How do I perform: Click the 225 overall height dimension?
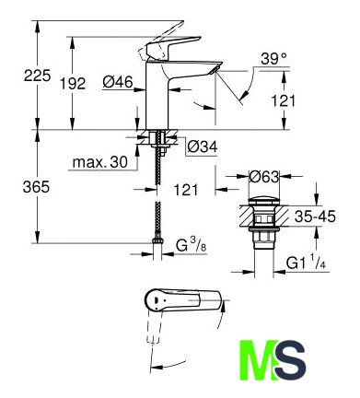pyautogui.click(x=37, y=76)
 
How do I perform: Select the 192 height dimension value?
pyautogui.click(x=73, y=84)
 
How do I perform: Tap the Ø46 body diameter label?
pyautogui.click(x=118, y=82)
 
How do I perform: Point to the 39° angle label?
pyautogui.click(x=274, y=59)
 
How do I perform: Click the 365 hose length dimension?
pyautogui.click(x=36, y=187)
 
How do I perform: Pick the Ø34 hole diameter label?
pyautogui.click(x=203, y=147)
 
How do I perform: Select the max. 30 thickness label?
pyautogui.click(x=100, y=162)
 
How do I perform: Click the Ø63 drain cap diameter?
pyautogui.click(x=264, y=177)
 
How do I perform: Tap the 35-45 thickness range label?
pyautogui.click(x=315, y=217)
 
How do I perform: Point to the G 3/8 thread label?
pyautogui.click(x=192, y=246)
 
